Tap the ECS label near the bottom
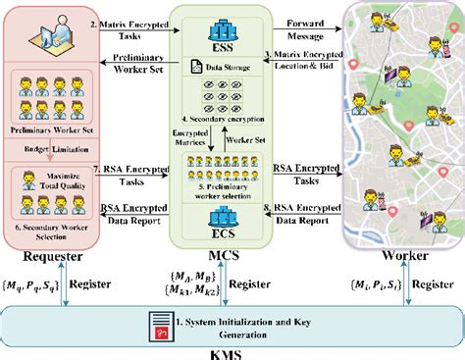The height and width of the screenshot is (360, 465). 229,235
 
